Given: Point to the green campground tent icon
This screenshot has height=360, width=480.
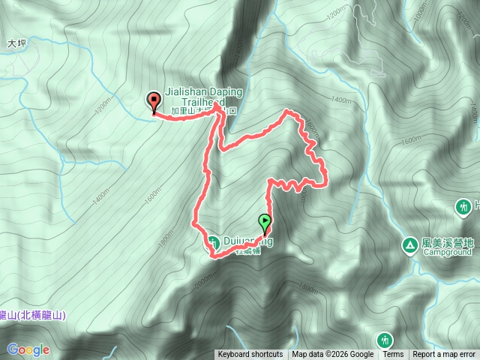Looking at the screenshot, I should point(410,244).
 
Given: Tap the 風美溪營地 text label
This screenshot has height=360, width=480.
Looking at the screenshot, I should point(448,243).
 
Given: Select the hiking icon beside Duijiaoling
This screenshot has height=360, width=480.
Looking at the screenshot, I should point(213,241).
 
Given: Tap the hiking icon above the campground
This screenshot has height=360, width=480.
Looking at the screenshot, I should point(464,205).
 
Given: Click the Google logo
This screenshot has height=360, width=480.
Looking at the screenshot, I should point(28,349).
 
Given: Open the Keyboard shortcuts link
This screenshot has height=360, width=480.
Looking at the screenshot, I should point(250,355).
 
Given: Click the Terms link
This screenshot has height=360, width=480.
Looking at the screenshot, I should point(393,355).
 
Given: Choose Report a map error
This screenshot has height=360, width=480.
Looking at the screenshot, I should point(445,355).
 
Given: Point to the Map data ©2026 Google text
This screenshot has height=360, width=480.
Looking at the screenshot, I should point(333,355).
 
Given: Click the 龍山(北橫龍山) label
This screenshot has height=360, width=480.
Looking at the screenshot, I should point(32,316).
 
